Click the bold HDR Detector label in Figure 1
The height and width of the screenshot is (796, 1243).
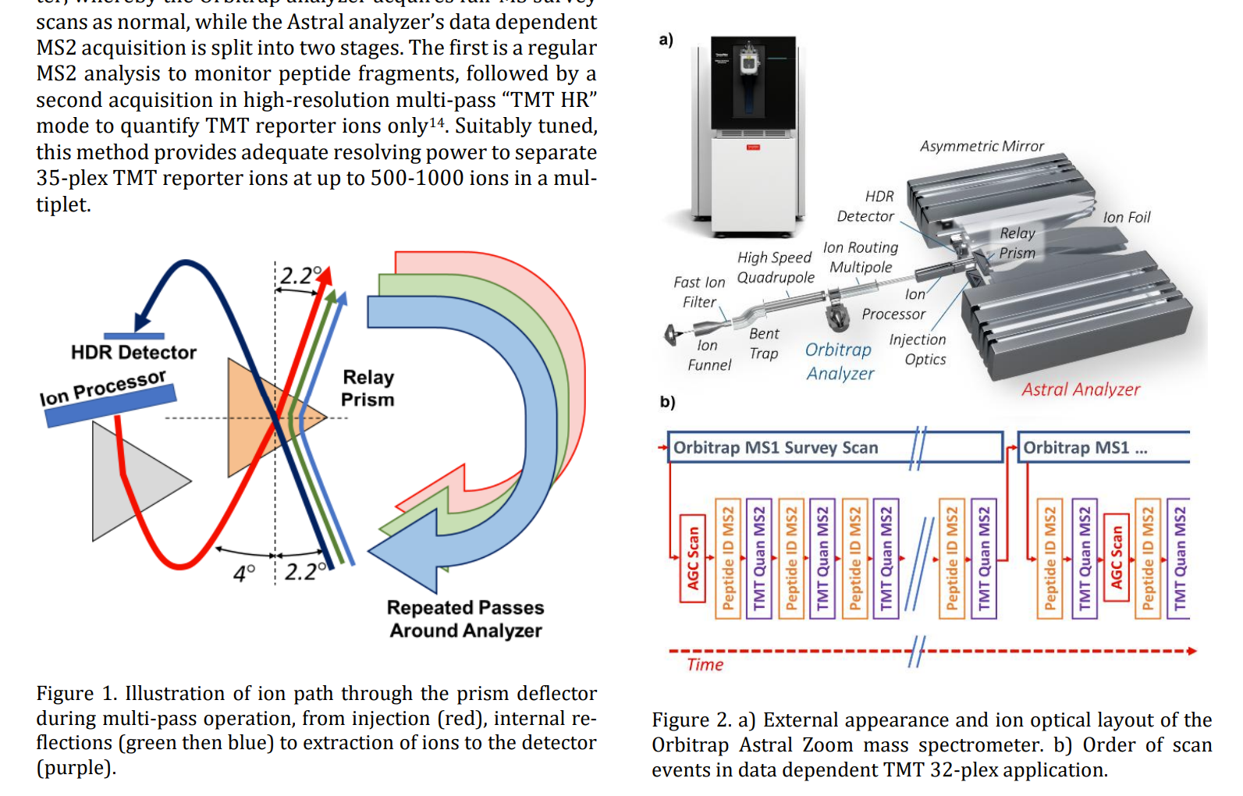pos(133,353)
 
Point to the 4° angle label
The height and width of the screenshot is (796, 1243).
pos(244,574)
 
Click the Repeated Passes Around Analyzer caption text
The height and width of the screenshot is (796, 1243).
pos(465,619)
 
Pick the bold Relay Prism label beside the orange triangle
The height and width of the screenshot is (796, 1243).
pos(368,389)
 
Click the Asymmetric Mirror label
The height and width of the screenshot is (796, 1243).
pos(981,147)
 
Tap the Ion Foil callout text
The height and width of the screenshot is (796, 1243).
pos(1126,218)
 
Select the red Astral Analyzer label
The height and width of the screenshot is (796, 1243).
pos(1081,389)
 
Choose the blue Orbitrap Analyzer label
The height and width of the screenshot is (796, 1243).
pos(840,361)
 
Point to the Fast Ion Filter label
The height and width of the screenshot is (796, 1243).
pos(699,292)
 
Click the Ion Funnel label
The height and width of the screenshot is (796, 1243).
pos(709,355)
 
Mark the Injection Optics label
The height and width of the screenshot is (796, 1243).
pos(918,350)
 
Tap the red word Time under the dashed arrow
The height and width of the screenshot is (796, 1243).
pos(705,665)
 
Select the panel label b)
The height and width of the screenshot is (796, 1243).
pos(667,402)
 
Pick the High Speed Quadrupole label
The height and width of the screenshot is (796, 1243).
pos(775,268)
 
